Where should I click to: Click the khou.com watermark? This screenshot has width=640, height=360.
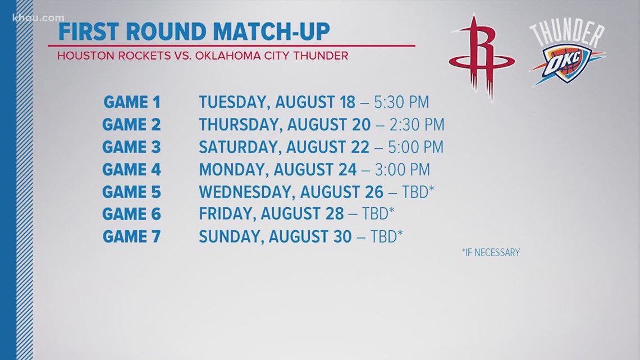click(x=38, y=18)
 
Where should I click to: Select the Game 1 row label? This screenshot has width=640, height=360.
click(x=132, y=102)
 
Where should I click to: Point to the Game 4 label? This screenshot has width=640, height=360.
click(x=131, y=170)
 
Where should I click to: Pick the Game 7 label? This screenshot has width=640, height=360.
click(x=131, y=237)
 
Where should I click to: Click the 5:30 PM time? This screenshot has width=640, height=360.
click(x=401, y=102)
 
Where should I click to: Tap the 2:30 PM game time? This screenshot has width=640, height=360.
click(x=417, y=125)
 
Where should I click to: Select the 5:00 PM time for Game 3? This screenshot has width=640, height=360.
click(x=415, y=147)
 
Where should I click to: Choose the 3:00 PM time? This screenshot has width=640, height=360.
click(x=403, y=170)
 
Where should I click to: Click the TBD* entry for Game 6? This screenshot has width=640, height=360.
click(x=378, y=213)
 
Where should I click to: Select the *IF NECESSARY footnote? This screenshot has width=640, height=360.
click(x=491, y=253)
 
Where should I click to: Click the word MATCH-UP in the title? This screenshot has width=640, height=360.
click(x=271, y=31)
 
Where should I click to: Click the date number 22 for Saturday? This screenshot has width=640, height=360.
click(x=360, y=147)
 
